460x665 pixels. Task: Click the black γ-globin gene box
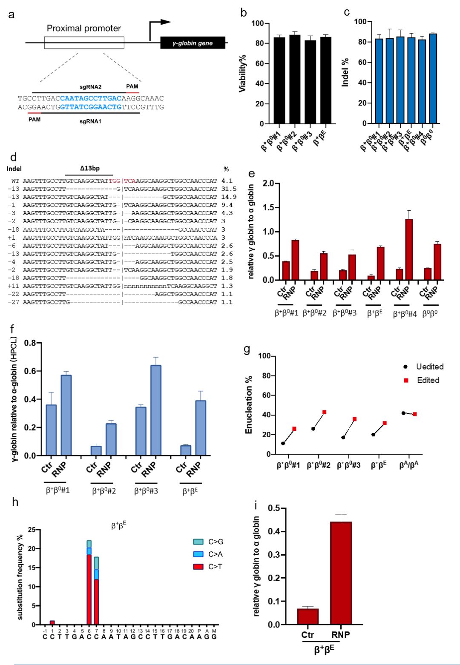tap(193, 43)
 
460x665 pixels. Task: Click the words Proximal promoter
tap(84, 29)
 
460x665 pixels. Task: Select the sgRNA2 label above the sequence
tap(90, 87)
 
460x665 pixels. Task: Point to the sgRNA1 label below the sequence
tap(90, 121)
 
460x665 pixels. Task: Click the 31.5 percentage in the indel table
tap(229, 189)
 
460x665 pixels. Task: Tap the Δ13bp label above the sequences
tap(89, 169)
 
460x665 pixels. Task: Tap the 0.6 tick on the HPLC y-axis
tap(30, 371)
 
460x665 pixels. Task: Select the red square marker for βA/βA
tap(414, 414)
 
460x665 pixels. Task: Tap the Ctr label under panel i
tap(308, 634)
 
